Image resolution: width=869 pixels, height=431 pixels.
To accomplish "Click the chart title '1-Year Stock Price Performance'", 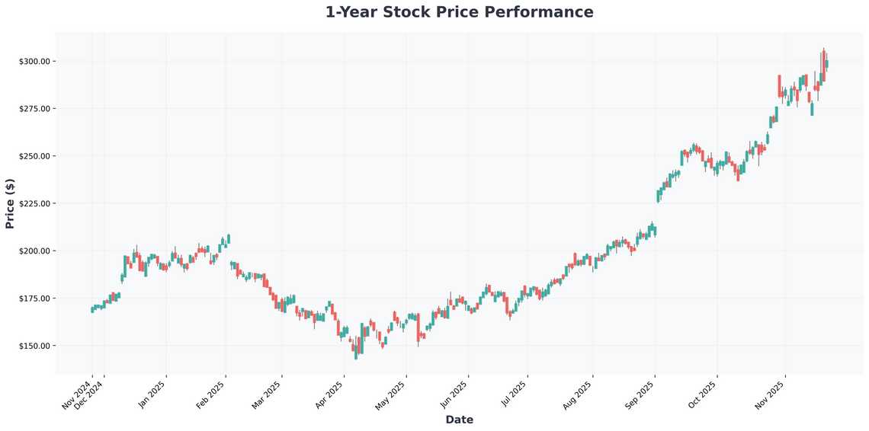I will (x=459, y=12).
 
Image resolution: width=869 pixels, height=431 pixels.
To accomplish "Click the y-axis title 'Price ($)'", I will (x=10, y=203).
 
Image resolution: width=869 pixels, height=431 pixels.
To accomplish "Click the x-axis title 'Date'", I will (x=459, y=420).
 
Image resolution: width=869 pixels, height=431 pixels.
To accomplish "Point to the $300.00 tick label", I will (x=34, y=61).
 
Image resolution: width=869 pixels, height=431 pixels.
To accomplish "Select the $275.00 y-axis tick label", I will (x=34, y=109).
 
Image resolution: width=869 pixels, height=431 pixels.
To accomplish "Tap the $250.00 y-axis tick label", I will (x=34, y=156).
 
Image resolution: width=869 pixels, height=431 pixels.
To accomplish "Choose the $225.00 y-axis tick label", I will (x=34, y=203).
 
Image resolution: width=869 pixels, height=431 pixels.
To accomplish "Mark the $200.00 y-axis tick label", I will (x=34, y=251).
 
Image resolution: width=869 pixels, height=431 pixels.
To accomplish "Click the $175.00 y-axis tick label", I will (x=34, y=299).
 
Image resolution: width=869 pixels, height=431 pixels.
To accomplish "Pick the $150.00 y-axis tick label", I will (x=34, y=346).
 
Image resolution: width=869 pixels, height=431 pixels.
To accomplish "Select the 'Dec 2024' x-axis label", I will (x=89, y=396).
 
